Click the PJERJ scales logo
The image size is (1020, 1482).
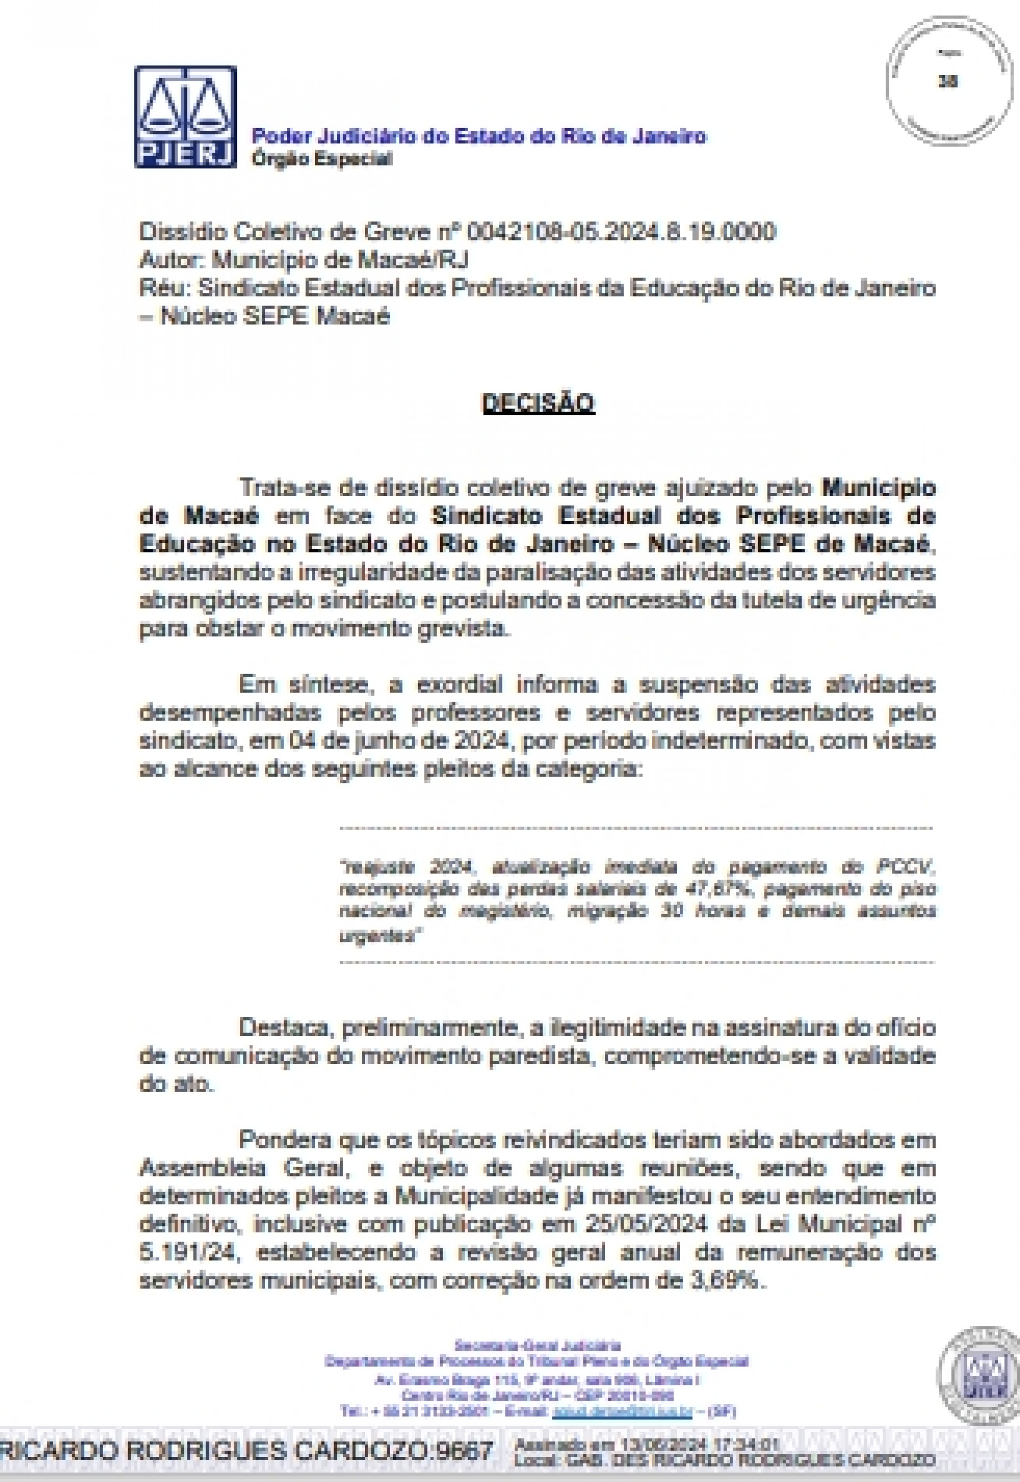click(185, 117)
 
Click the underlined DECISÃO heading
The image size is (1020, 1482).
click(538, 403)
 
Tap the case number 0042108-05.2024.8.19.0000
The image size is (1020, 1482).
click(621, 232)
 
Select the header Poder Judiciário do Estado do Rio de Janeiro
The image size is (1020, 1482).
click(479, 136)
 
